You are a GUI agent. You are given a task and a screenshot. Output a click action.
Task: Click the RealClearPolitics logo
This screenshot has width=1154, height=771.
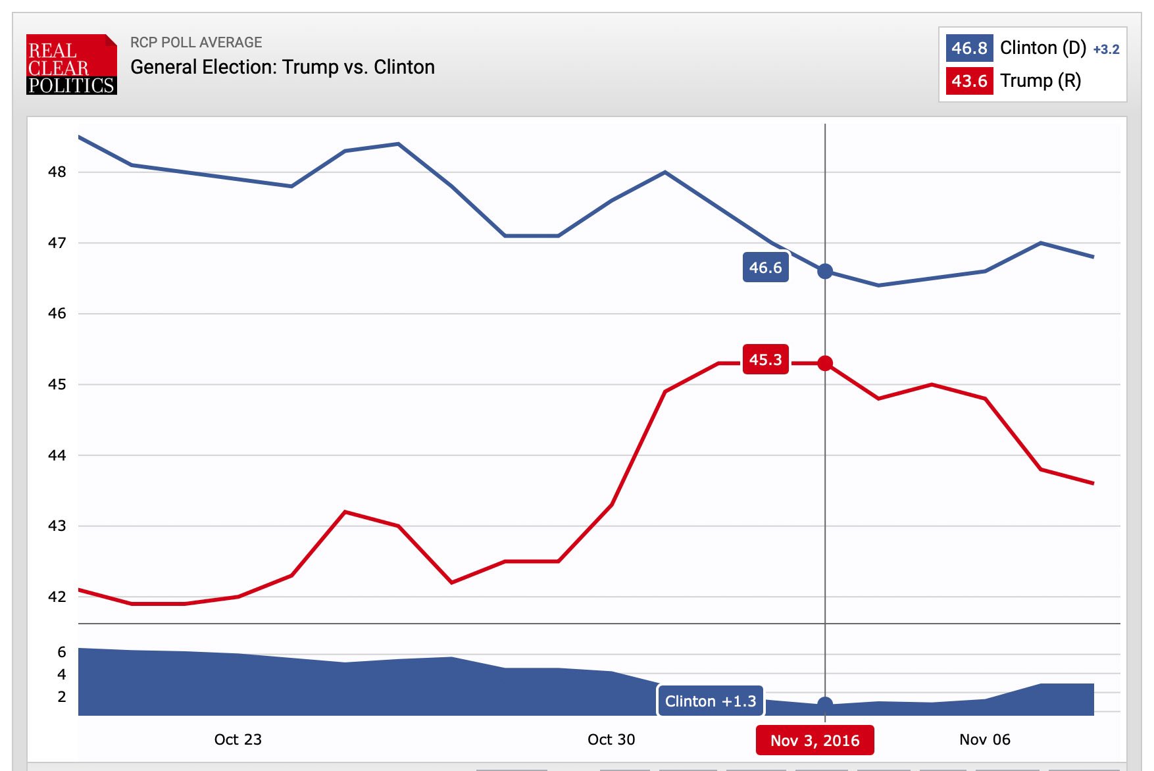click(71, 64)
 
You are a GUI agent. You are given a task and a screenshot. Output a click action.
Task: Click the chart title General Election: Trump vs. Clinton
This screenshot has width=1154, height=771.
click(282, 67)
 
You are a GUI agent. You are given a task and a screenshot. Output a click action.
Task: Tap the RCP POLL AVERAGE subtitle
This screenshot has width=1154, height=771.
click(196, 42)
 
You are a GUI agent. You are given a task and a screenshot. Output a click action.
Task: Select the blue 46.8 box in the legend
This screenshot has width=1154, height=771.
click(969, 48)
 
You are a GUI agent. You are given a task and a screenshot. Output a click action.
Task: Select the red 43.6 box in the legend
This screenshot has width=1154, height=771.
click(969, 81)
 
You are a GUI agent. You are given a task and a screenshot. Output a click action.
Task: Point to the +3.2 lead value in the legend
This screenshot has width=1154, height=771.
click(1106, 49)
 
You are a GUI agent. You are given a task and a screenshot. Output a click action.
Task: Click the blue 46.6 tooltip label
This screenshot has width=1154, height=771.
click(765, 268)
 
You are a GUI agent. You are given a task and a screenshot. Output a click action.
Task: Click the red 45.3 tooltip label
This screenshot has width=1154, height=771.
click(765, 360)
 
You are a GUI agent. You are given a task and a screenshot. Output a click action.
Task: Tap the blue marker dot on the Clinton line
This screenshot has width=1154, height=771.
click(825, 271)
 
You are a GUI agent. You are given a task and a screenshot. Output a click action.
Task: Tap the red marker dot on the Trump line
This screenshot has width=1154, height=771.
click(825, 362)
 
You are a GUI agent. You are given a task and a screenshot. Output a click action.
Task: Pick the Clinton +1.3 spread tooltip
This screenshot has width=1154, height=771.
click(711, 701)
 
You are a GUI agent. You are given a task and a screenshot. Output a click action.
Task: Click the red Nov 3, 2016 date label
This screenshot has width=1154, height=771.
click(815, 741)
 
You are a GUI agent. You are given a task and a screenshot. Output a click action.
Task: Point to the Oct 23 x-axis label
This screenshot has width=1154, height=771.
click(238, 739)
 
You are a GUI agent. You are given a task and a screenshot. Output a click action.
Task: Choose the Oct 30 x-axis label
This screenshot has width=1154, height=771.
click(611, 739)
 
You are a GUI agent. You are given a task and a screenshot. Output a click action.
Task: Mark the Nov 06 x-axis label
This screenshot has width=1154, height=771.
click(984, 739)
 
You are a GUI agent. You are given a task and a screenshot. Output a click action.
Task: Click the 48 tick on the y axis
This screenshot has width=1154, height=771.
click(57, 172)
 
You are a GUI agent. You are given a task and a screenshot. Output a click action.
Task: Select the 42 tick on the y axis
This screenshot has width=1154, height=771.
click(57, 597)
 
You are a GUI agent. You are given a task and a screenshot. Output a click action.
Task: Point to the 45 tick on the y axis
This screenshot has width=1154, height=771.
click(57, 384)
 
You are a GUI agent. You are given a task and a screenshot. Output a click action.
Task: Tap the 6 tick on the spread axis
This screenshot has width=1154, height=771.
click(62, 652)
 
